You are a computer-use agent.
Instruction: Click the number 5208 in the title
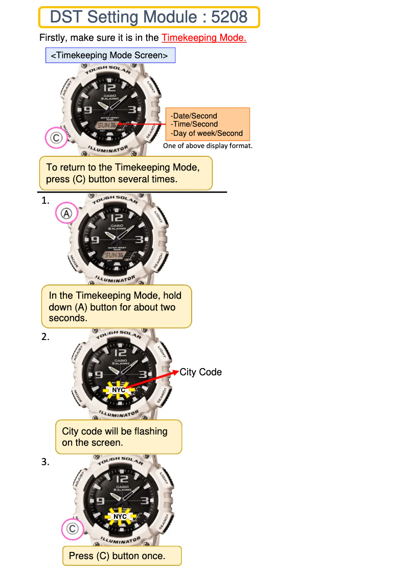coord(229,17)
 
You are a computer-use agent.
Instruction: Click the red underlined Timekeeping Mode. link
coord(204,38)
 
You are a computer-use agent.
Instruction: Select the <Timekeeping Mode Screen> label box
coord(110,56)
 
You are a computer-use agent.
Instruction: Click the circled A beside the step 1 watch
coord(66,214)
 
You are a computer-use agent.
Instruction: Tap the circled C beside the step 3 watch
coord(72,529)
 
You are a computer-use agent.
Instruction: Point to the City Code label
coord(200,372)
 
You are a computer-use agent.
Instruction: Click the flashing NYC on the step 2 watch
coord(119,390)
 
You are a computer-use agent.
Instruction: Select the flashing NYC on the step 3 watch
coord(120,517)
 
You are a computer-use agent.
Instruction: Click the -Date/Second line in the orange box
coord(194,116)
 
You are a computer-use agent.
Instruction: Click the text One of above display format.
coord(208,146)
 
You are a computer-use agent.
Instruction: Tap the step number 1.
coord(45,201)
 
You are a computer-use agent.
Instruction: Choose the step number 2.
coord(45,336)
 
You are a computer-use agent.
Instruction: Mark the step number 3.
coord(45,462)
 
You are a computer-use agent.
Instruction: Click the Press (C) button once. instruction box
coord(122,556)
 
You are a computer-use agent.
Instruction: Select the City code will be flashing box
coord(118,437)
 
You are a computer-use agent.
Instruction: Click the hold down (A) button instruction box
coord(116,307)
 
